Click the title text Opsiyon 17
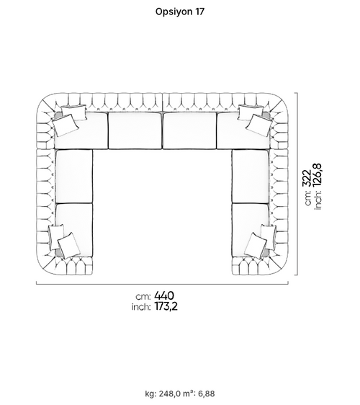pos(179,12)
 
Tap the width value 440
pos(164,295)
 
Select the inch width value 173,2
pos(166,306)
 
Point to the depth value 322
pos(307,178)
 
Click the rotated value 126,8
pos(318,175)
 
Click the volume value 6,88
pos(206,393)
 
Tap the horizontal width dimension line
pos(162,284)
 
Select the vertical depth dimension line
pos(297,184)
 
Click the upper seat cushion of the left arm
pos(74,177)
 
